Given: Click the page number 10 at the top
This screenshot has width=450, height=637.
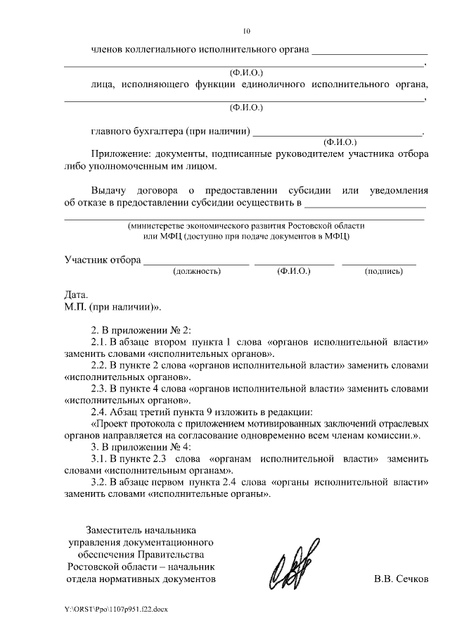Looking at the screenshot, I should click(x=246, y=31).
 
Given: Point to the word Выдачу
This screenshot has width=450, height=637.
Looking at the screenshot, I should click(x=110, y=191).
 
